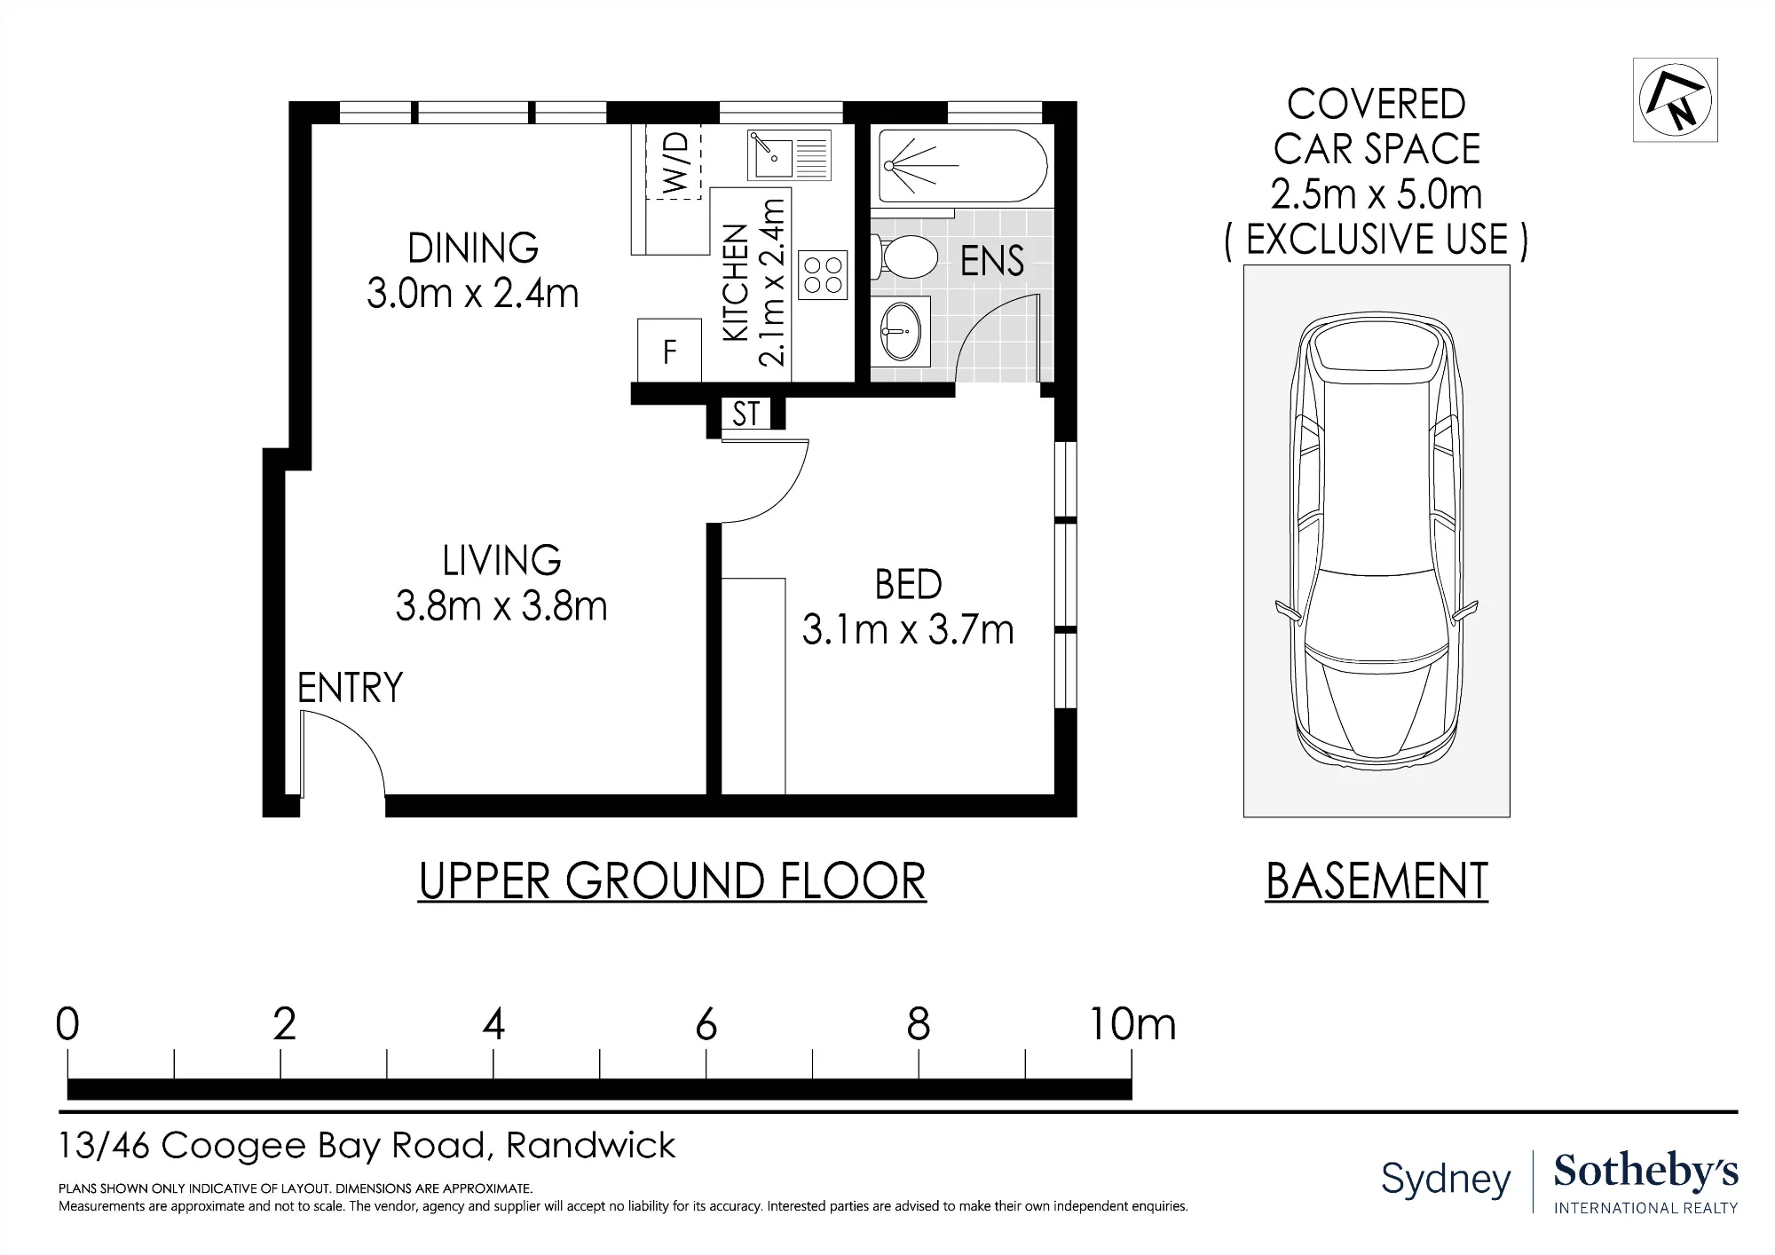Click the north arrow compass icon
click(x=1675, y=99)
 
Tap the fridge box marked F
click(x=670, y=351)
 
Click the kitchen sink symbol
click(x=789, y=155)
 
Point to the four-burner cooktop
click(x=823, y=274)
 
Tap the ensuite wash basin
click(x=901, y=331)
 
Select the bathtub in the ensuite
click(x=962, y=166)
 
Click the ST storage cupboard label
click(x=746, y=414)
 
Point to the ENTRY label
click(x=350, y=688)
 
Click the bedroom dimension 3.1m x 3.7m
click(x=908, y=630)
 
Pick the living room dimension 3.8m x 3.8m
click(x=501, y=607)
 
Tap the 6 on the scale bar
click(x=706, y=1025)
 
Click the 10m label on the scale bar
click(x=1132, y=1025)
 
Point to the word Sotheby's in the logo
click(x=1646, y=1172)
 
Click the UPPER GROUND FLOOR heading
click(x=672, y=881)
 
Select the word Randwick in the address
click(x=591, y=1146)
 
